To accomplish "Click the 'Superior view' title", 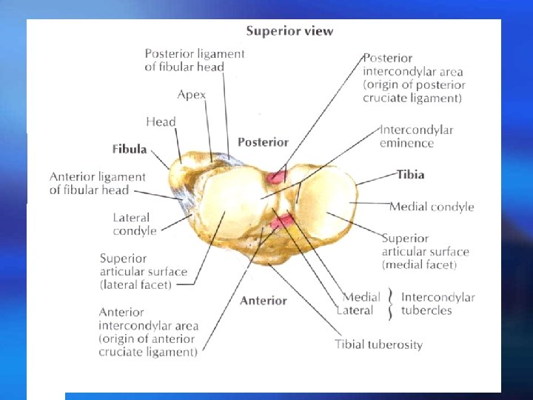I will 289,31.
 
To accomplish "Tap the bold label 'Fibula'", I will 130,149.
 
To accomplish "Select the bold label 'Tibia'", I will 410,175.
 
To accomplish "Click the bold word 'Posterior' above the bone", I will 263,142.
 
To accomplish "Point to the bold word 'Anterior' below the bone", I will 263,301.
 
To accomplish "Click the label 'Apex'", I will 192,95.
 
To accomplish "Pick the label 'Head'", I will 161,121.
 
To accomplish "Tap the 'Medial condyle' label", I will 432,207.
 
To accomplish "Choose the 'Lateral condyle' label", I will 135,224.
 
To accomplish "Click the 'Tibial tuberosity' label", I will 378,344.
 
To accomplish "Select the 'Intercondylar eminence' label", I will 417,136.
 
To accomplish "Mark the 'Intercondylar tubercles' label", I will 438,304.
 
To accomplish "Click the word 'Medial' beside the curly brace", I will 361,297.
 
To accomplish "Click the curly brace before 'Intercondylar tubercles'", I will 390,304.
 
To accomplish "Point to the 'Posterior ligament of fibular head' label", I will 195,60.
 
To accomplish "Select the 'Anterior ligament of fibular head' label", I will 98,183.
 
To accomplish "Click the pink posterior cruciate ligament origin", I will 277,176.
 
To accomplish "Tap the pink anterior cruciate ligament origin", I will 282,219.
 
